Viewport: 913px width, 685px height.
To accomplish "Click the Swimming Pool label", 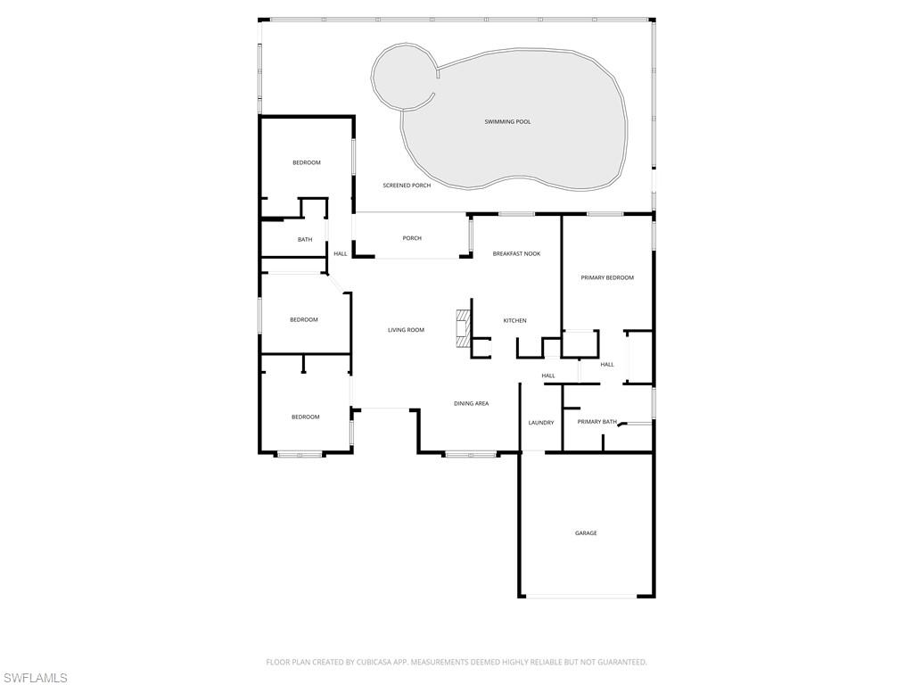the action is [x=507, y=121].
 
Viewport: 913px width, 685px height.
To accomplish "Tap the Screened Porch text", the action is [x=407, y=186].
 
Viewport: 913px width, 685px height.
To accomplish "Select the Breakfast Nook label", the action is [x=516, y=254].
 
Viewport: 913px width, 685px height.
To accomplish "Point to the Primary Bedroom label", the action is [x=607, y=278].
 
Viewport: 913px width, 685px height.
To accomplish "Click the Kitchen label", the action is [x=514, y=321].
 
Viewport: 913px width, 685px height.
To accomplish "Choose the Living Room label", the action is [x=407, y=330].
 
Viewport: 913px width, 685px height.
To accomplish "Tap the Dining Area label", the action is [x=472, y=404].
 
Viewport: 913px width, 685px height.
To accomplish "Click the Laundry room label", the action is [x=541, y=423].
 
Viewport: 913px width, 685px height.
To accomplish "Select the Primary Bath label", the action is [x=596, y=422].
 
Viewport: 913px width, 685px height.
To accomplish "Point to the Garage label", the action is [x=586, y=533].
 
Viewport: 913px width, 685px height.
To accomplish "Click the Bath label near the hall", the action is [x=305, y=239].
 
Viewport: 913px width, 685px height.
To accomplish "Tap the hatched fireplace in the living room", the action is [x=463, y=328].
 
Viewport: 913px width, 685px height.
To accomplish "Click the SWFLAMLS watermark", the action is [x=35, y=678].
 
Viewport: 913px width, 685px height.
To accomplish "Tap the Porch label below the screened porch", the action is [x=412, y=238].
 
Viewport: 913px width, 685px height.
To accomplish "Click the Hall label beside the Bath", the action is [x=341, y=254].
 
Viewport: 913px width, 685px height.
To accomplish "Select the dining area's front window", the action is [x=471, y=454].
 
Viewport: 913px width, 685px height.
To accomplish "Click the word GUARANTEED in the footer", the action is [x=624, y=663].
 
